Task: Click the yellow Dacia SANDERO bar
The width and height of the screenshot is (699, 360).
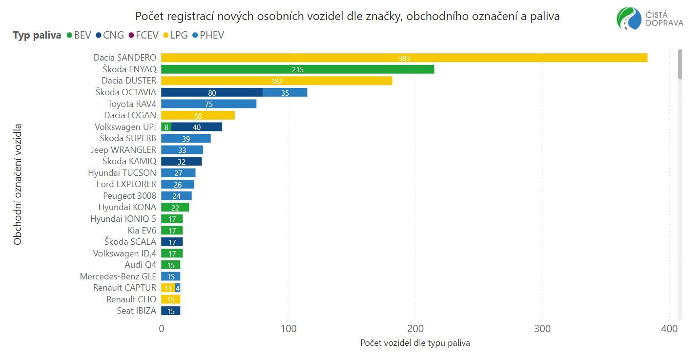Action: (x=404, y=58)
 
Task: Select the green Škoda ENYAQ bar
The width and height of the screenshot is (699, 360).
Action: (x=297, y=69)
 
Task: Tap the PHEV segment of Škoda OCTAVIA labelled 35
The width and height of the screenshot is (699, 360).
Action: (x=285, y=92)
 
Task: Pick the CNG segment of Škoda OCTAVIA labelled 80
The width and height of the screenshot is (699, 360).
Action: (x=212, y=92)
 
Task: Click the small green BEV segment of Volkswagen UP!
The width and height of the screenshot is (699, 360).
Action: (x=166, y=127)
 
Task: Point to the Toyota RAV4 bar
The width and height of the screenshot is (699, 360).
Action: (x=208, y=104)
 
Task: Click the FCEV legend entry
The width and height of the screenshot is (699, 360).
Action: (x=144, y=35)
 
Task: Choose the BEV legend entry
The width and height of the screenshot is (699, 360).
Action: (x=79, y=35)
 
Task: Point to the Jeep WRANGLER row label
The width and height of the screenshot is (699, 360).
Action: (x=123, y=150)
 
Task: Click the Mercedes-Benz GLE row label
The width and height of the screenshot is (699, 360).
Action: (x=118, y=276)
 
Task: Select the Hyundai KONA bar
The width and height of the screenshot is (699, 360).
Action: (x=175, y=208)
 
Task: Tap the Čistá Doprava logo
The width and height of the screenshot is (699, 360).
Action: (x=650, y=19)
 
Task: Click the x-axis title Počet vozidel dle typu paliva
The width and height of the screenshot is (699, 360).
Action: (x=415, y=343)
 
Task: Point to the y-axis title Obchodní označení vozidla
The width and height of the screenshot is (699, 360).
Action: (x=18, y=184)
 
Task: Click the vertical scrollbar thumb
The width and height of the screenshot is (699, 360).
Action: (x=679, y=64)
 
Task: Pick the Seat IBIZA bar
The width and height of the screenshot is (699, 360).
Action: (x=170, y=311)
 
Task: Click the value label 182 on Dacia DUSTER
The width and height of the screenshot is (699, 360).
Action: (x=276, y=81)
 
